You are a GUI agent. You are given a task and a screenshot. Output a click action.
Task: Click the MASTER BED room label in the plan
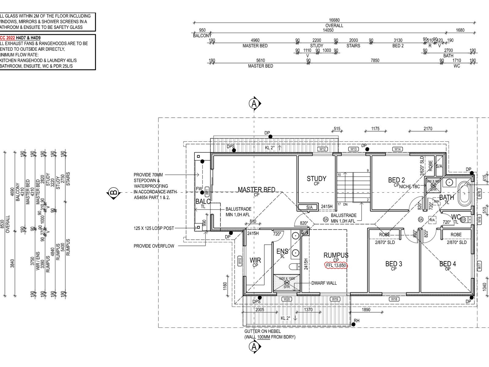click(256, 190)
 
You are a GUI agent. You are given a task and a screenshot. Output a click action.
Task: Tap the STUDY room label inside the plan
click(316, 179)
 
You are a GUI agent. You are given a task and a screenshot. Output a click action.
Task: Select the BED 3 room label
click(394, 264)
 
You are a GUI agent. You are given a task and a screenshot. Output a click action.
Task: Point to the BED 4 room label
click(447, 264)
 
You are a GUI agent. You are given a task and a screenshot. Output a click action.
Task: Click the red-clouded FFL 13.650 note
click(336, 265)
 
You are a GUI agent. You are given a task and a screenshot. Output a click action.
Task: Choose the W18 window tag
click(394, 299)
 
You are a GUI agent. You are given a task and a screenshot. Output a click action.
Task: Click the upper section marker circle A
click(254, 103)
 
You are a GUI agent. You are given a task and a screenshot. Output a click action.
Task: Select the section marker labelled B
click(113, 193)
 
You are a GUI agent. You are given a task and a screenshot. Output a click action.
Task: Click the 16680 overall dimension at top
click(334, 20)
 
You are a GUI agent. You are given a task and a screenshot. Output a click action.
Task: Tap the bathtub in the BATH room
click(465, 193)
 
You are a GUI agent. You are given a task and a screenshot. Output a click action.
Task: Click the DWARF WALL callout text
click(324, 283)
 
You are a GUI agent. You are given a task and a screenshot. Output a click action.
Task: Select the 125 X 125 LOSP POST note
click(154, 228)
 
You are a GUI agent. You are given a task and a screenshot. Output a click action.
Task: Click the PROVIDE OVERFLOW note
click(154, 246)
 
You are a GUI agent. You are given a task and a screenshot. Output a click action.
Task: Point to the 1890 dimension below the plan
click(366, 310)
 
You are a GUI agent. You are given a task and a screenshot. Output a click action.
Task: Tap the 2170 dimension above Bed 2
click(428, 129)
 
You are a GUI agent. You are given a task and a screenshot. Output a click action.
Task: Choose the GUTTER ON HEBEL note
click(262, 331)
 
